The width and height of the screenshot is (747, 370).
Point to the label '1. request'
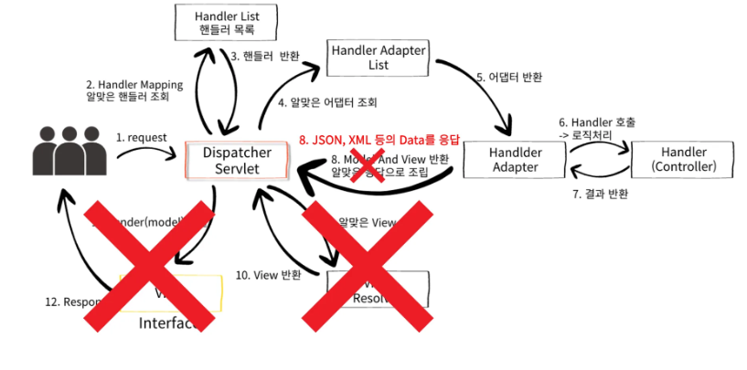pyautogui.click(x=141, y=137)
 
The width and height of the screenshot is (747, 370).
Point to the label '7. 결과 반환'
pyautogui.click(x=599, y=194)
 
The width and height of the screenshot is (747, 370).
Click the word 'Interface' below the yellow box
pyautogui.click(x=168, y=323)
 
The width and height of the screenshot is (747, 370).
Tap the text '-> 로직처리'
pyautogui.click(x=584, y=135)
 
